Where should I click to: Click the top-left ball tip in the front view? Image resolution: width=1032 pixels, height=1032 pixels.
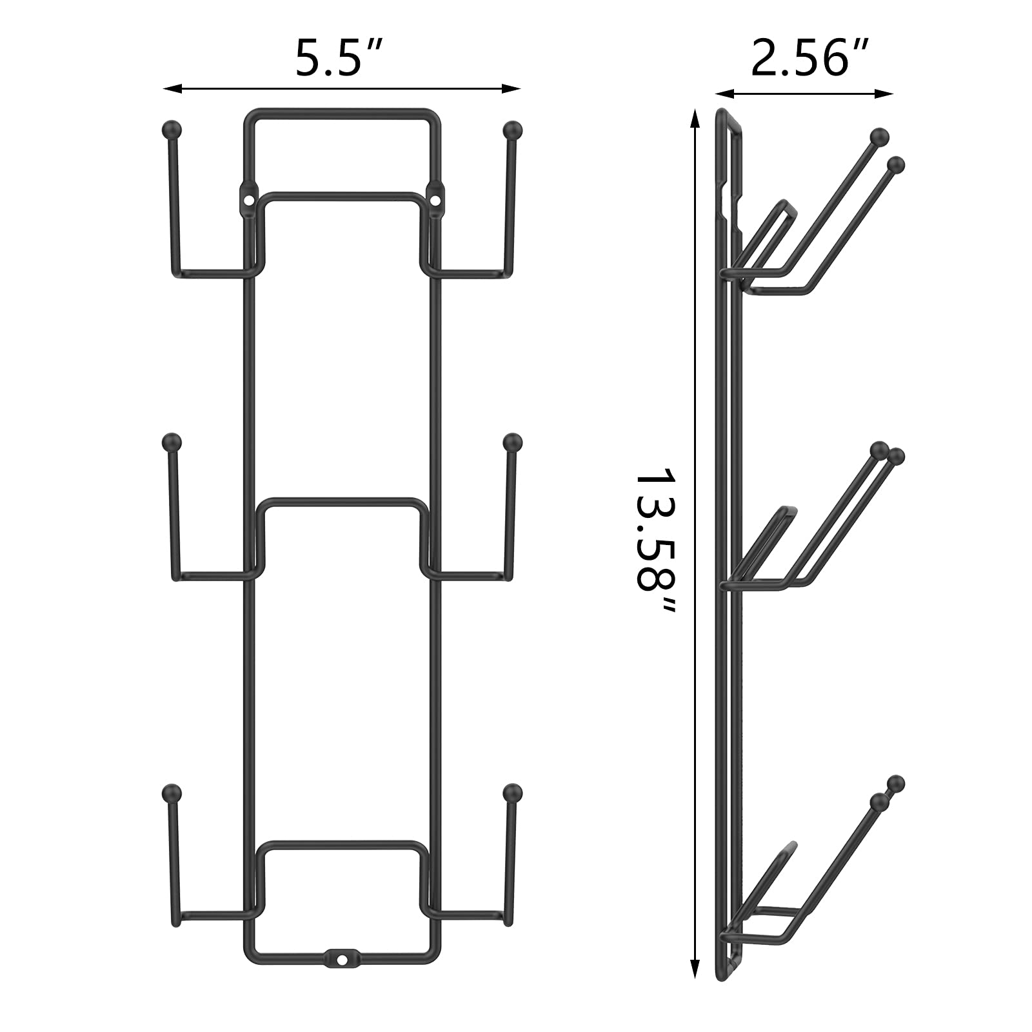pos(171,129)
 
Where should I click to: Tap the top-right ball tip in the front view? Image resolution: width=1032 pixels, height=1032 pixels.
pos(512,129)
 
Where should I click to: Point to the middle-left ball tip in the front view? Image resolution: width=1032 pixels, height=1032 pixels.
pos(171,442)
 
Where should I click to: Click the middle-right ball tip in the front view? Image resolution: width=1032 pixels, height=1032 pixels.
pos(512,442)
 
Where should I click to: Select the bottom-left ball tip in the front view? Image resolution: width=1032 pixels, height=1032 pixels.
pos(171,792)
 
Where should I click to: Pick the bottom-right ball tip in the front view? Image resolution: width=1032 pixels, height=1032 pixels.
pos(512,792)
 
